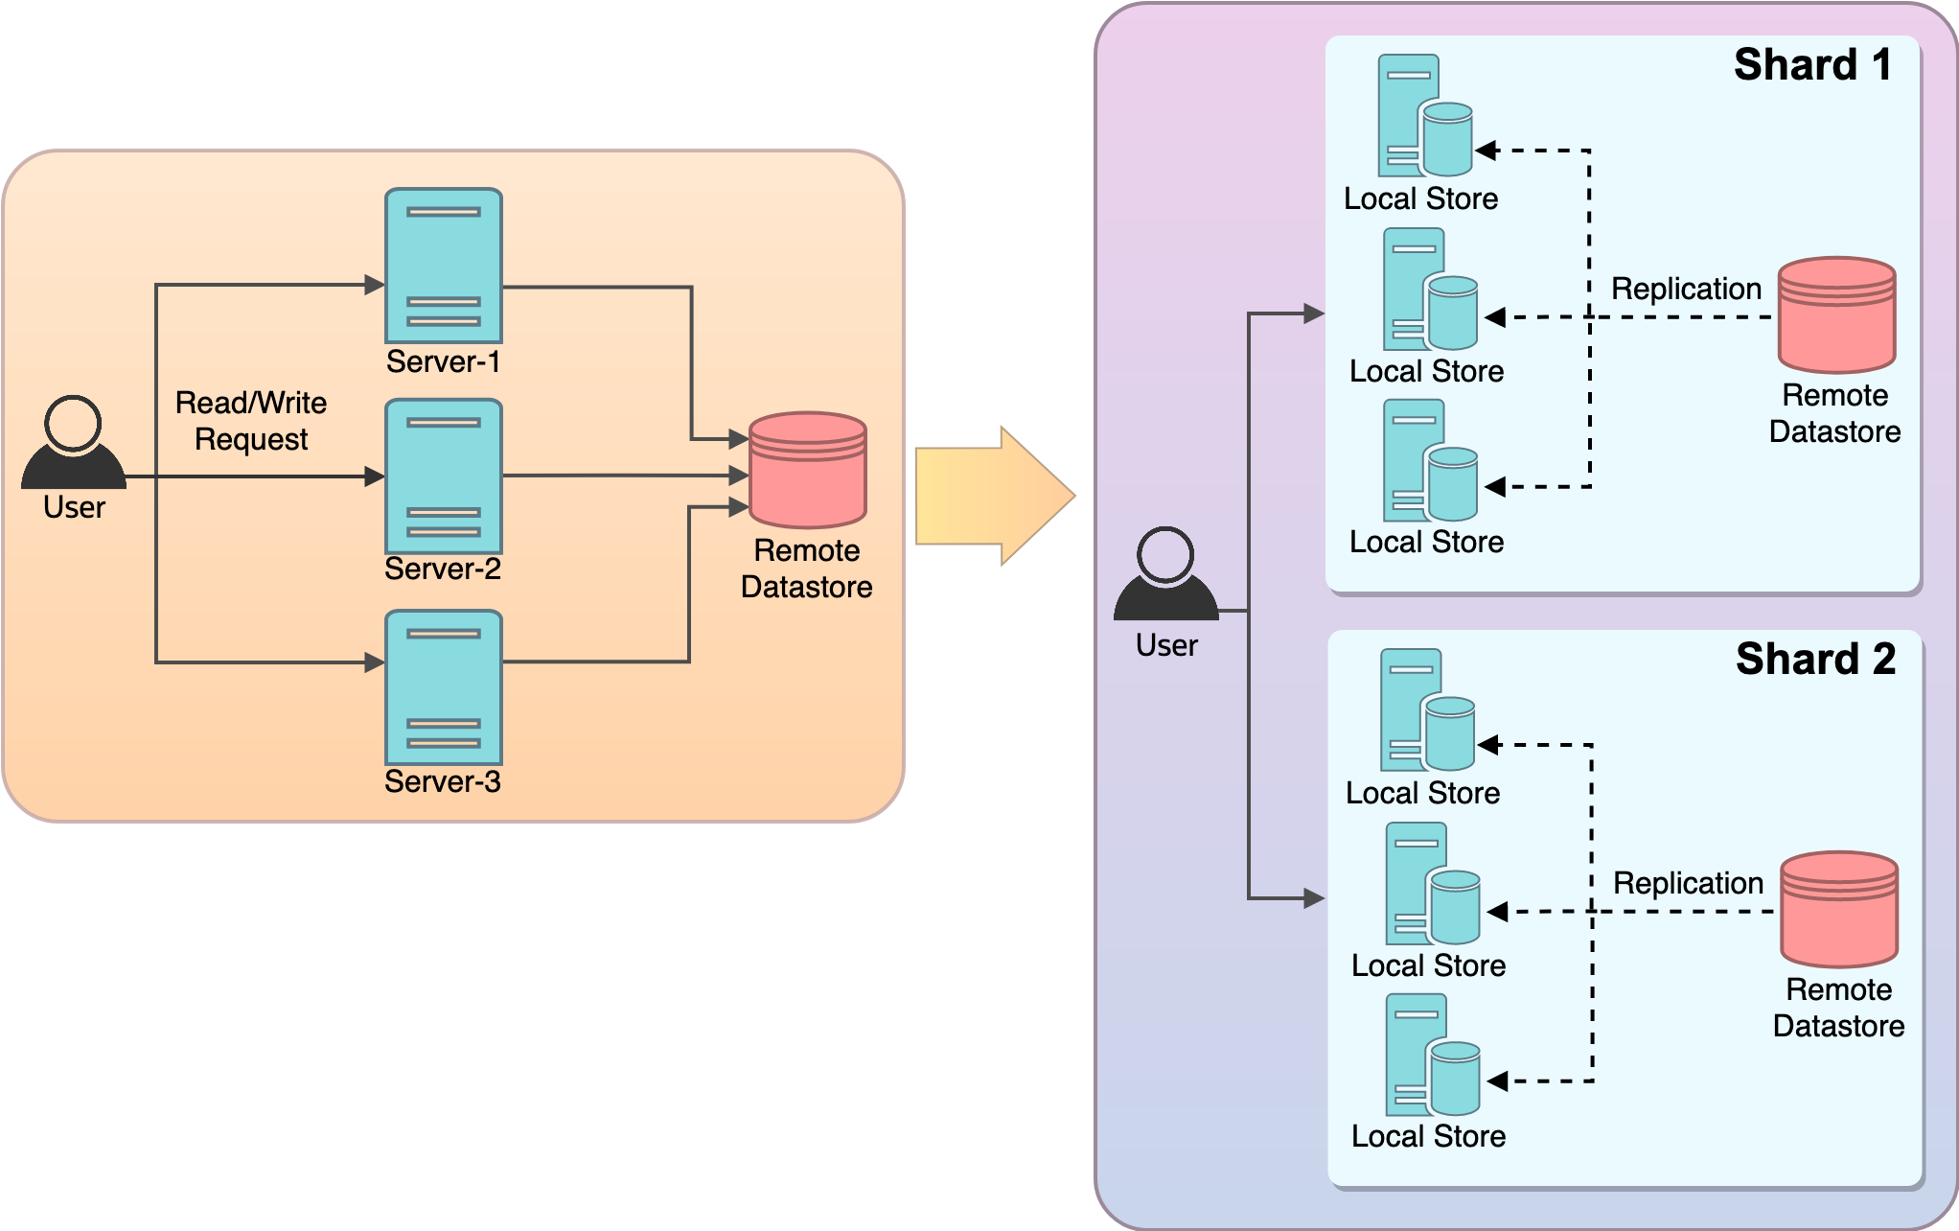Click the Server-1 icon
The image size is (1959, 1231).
pos(443,266)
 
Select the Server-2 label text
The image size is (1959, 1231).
pos(443,569)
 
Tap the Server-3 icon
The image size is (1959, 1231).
pos(443,687)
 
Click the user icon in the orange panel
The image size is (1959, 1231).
pos(74,443)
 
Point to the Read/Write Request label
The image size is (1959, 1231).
pos(251,421)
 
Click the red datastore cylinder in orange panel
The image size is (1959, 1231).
pos(807,470)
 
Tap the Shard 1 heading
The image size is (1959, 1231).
pos(1812,65)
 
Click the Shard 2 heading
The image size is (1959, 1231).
pos(1815,660)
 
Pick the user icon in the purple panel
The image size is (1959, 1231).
pos(1165,574)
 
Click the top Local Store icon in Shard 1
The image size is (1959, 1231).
pos(1424,116)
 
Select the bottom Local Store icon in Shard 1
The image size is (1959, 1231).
pos(1430,461)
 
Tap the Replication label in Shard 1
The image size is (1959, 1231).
pos(1686,289)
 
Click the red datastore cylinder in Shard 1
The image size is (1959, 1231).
pos(1836,314)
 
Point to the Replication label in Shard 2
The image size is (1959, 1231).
pos(1688,883)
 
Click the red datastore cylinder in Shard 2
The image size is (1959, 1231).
pos(1838,909)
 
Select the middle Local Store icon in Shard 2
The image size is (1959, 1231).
pos(1432,884)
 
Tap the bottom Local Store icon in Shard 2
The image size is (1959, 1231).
pos(1432,1056)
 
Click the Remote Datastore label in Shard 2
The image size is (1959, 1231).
pos(1838,1008)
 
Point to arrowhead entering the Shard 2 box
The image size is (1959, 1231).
pos(1314,898)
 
